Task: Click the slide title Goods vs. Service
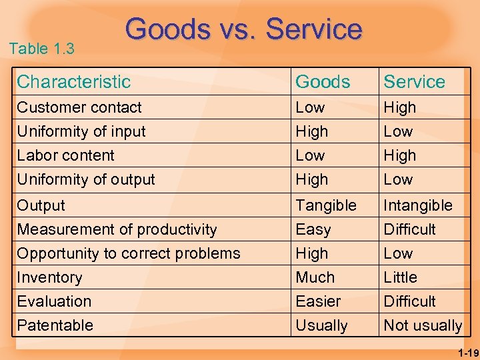(243, 29)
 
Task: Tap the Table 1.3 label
(42, 49)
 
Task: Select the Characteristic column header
(73, 82)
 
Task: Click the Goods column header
(323, 82)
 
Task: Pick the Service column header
(414, 82)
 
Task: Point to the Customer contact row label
(79, 107)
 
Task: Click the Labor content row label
(65, 155)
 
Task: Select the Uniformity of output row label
(85, 179)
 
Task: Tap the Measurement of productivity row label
(117, 229)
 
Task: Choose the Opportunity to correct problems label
(128, 253)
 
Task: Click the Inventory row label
(49, 277)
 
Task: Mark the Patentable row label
(55, 325)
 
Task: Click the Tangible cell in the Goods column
(326, 205)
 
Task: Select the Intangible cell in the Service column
(418, 205)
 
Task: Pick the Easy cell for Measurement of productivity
(313, 230)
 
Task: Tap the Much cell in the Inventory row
(315, 277)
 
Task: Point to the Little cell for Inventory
(400, 277)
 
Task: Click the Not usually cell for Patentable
(423, 326)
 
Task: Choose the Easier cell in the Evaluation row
(318, 301)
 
